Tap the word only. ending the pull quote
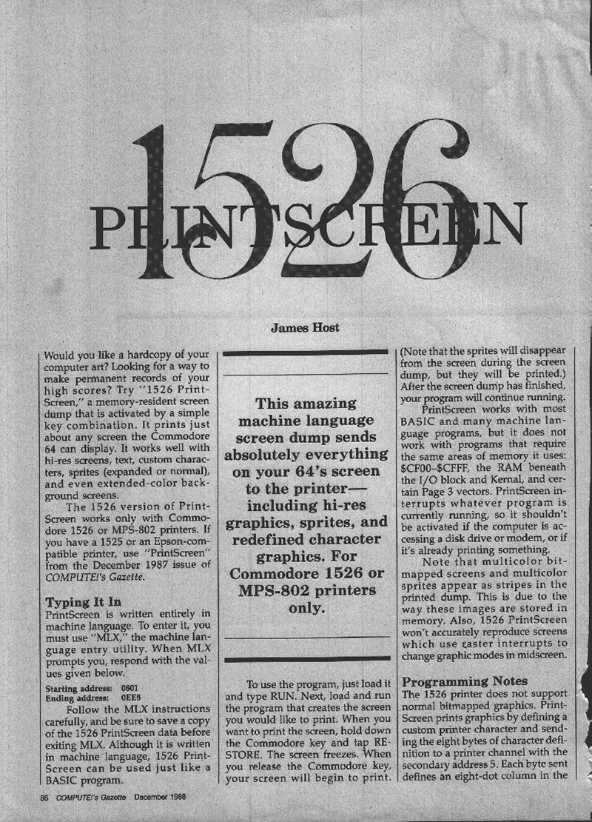coord(305,608)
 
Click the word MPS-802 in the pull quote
coord(282,591)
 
